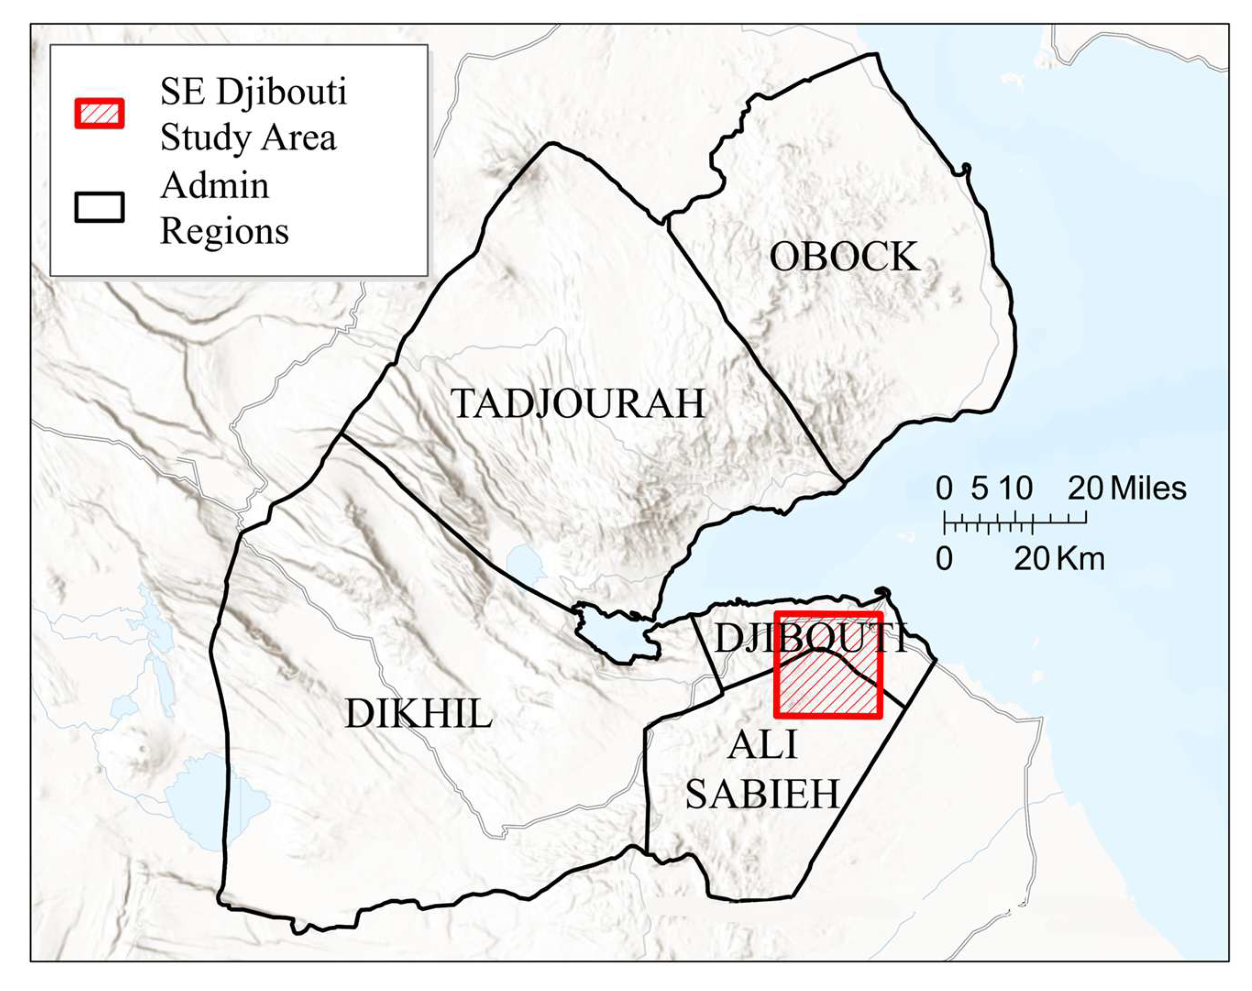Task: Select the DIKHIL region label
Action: pyautogui.click(x=418, y=713)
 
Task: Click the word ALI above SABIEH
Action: pyautogui.click(x=763, y=745)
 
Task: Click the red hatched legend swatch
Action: pyautogui.click(x=99, y=113)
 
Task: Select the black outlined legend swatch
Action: pyautogui.click(x=99, y=207)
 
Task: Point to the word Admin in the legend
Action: pyautogui.click(x=215, y=186)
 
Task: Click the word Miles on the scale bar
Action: pyautogui.click(x=1148, y=488)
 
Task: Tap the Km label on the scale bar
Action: pyautogui.click(x=1080, y=559)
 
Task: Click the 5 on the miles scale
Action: pyautogui.click(x=979, y=488)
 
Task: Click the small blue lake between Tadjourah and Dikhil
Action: pyautogui.click(x=525, y=564)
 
